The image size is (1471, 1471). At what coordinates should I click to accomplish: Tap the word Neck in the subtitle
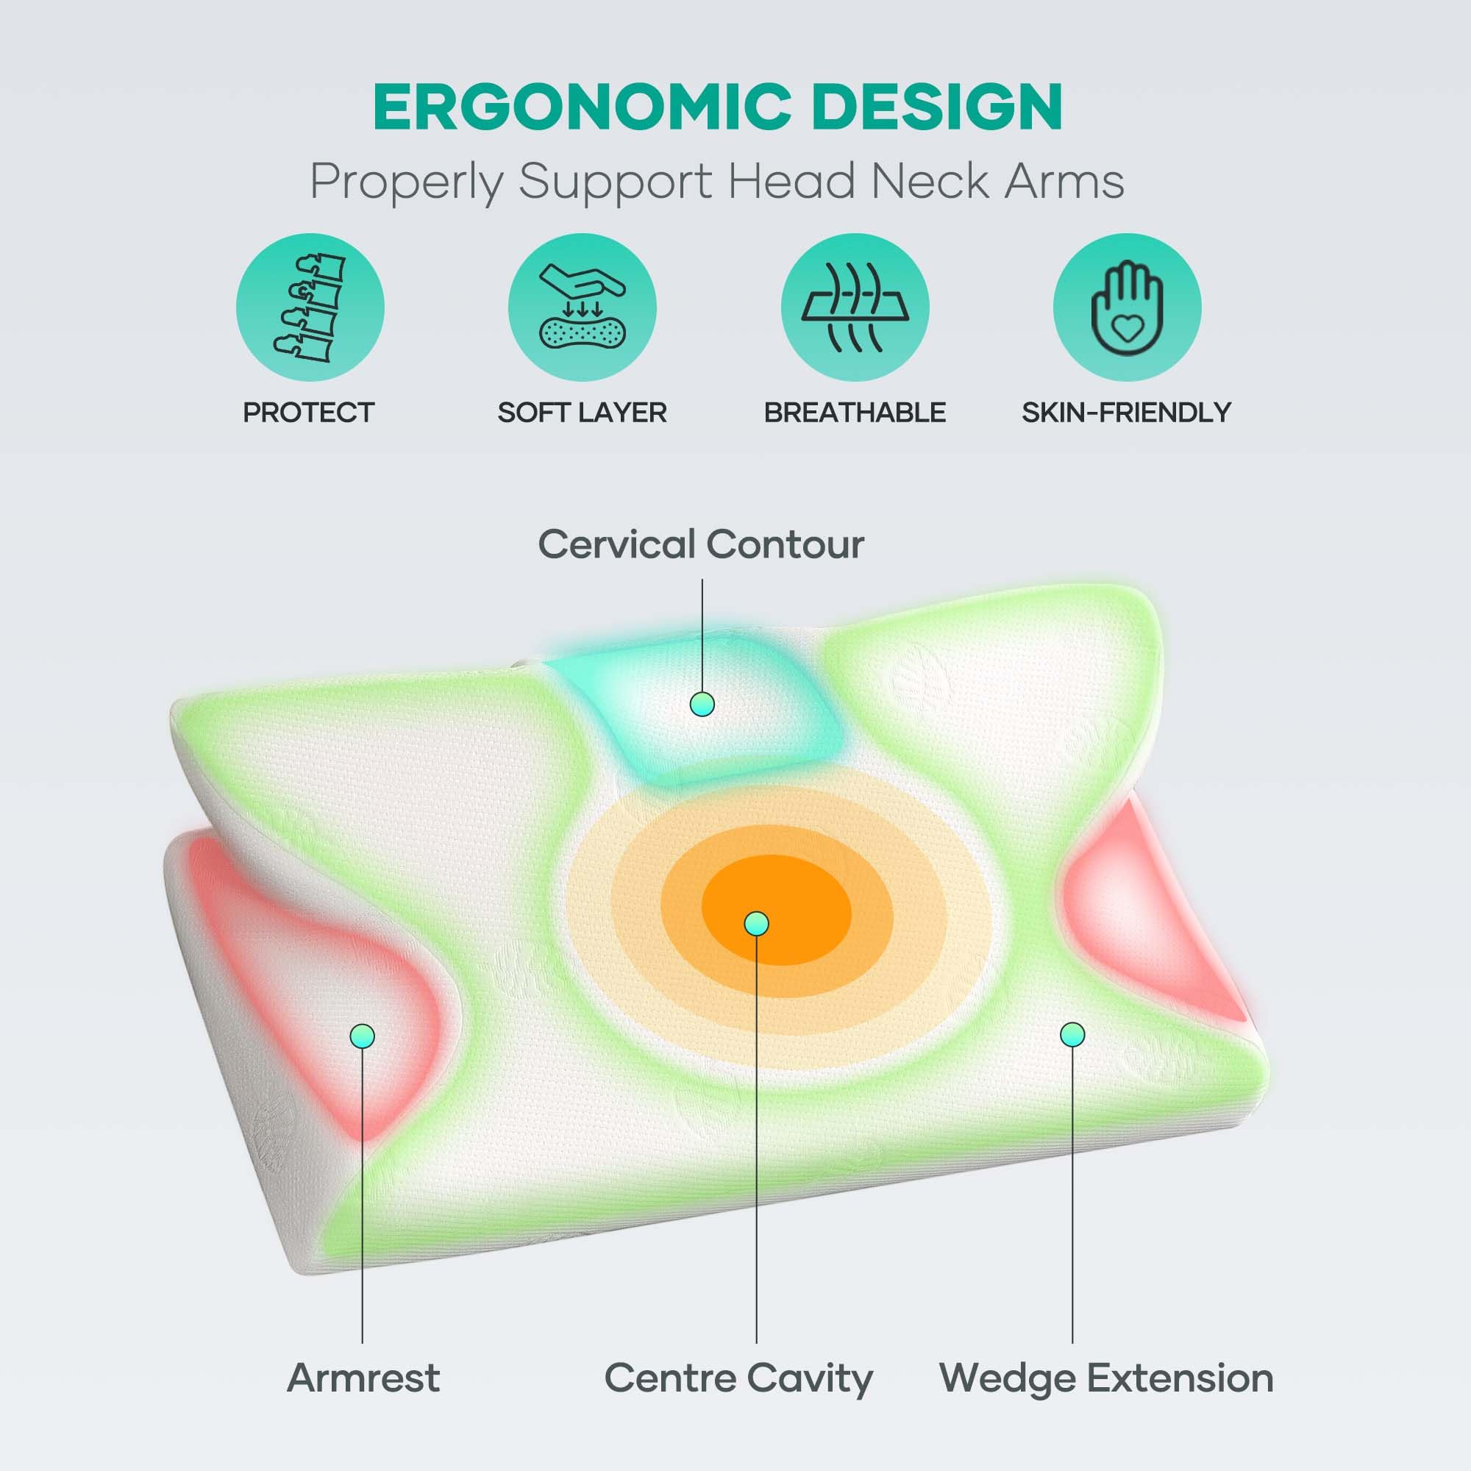coord(929,182)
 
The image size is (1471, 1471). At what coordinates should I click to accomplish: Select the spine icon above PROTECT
coord(310,307)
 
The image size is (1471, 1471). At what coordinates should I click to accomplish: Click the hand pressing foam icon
coord(583,307)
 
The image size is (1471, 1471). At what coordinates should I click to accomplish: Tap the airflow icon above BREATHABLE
coord(855,307)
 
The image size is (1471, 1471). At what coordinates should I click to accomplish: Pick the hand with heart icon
coord(1128,307)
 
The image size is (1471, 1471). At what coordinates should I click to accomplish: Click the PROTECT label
coord(308,413)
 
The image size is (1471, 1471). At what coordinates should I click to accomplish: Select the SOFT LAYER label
coord(583,413)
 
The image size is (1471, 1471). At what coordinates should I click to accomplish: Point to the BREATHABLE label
coord(855,413)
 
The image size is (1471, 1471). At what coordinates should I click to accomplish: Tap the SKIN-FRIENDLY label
coord(1127,413)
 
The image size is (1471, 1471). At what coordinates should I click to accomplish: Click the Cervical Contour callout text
coord(701,544)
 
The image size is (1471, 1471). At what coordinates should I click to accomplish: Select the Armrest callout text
coord(363,1378)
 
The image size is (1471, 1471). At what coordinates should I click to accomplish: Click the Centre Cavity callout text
coord(738,1379)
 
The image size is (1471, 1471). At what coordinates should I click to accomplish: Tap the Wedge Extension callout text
coord(1106,1378)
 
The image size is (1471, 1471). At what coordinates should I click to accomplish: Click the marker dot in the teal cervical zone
coord(702,705)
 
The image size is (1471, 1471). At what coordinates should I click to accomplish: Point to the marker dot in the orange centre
coord(756,924)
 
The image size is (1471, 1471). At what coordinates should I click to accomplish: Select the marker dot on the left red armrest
coord(363,1036)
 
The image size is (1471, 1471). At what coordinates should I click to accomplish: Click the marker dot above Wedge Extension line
coord(1072,1034)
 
